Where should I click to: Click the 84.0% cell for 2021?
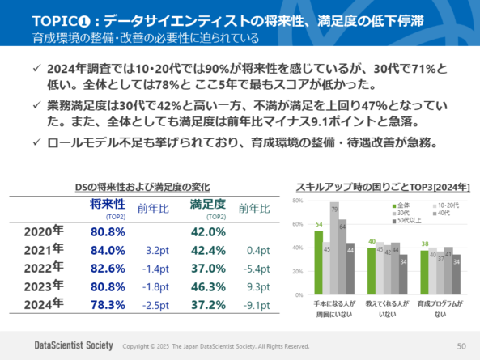[108, 250]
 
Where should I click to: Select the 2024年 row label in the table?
[44, 303]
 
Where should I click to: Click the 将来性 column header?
[107, 205]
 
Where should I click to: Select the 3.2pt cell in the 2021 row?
[154, 251]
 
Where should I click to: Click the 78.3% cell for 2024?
[108, 304]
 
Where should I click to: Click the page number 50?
[461, 346]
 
